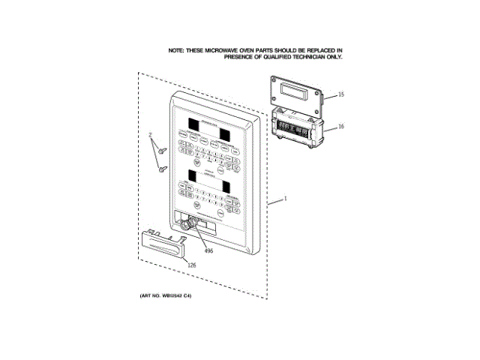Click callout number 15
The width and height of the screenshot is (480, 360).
tap(340, 95)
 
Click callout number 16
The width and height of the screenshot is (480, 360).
tap(340, 127)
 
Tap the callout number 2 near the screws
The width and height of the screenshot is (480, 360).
tap(150, 136)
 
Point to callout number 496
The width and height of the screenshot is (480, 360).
tap(208, 250)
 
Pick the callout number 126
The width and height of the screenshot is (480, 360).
tap(191, 265)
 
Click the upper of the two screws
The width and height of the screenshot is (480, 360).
tap(160, 151)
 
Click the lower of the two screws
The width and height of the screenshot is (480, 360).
tap(162, 169)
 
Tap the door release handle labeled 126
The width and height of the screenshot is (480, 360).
tap(161, 242)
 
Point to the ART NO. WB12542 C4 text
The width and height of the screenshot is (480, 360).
tap(166, 297)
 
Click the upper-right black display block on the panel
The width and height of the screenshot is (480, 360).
tap(223, 133)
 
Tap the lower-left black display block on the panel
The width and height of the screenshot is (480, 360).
tap(192, 175)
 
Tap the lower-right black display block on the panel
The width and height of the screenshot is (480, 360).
tap(224, 184)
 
